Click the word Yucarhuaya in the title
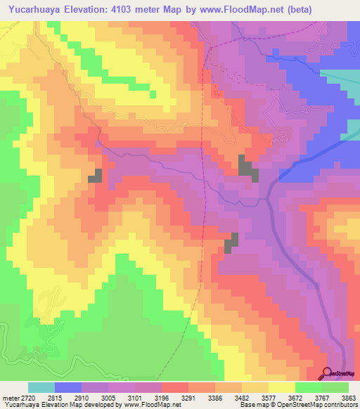point(33,8)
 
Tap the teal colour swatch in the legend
point(41,387)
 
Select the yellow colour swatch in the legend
point(282,387)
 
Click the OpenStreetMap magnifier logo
point(327,373)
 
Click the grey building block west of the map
point(95,176)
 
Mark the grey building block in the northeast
point(247,168)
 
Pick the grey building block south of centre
point(231,243)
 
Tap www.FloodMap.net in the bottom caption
point(148,405)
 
